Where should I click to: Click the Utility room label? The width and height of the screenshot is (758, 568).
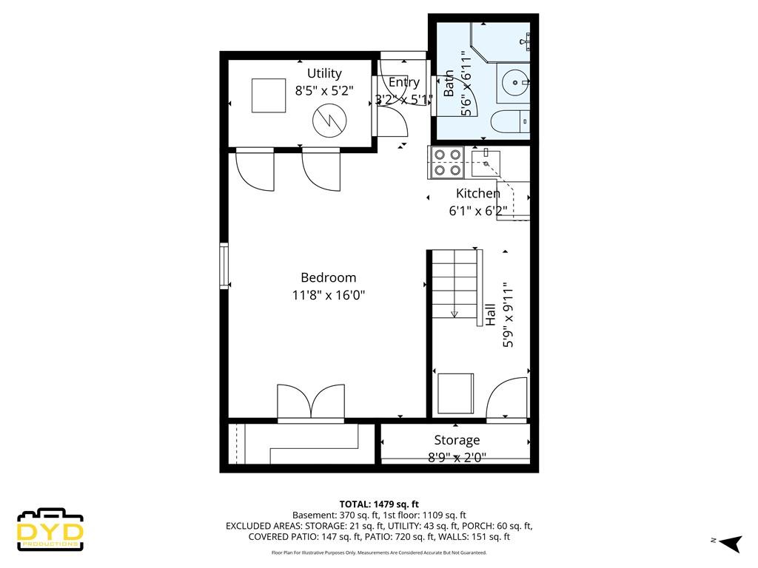point(324,73)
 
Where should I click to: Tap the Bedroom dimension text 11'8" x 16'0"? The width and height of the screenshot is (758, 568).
point(328,294)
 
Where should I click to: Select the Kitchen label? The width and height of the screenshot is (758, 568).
point(477,193)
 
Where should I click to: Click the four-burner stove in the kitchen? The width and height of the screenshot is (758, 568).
point(446,162)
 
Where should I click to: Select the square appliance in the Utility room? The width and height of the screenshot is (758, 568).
point(268,95)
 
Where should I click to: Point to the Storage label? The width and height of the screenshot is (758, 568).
point(457,440)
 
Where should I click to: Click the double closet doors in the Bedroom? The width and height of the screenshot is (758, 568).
point(311,402)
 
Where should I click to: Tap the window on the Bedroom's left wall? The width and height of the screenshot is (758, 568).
point(224,266)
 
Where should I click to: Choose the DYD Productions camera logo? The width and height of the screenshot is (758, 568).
point(50,530)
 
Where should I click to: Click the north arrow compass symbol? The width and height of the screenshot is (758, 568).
point(730,542)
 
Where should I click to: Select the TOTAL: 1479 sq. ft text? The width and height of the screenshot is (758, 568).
point(379,504)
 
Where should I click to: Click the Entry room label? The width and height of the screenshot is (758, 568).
point(403,82)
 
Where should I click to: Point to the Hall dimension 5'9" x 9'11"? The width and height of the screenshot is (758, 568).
point(508,315)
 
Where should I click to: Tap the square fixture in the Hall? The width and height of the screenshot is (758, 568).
point(455,393)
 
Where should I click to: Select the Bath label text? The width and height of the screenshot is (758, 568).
point(449,83)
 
